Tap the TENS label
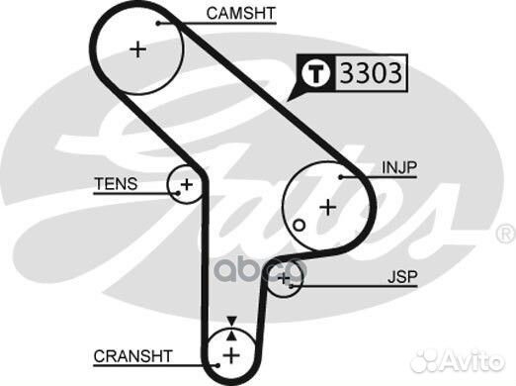[116, 184]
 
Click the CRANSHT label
[133, 355]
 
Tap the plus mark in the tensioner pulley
[184, 184]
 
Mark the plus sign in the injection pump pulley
[326, 207]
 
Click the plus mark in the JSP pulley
[285, 280]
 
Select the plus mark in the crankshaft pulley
[230, 355]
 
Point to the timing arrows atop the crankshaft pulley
[230, 323]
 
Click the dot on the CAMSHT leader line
[158, 14]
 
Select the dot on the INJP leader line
[339, 176]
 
